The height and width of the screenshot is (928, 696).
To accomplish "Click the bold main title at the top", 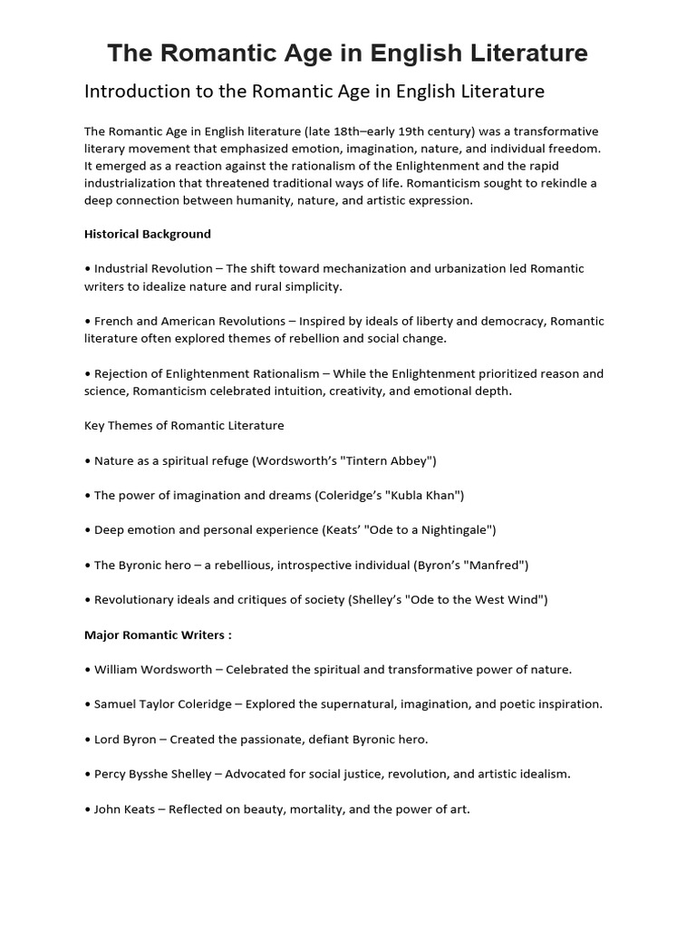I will (347, 53).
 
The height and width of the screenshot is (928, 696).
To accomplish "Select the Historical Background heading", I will (147, 234).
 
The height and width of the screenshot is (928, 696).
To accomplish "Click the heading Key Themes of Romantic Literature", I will (184, 425).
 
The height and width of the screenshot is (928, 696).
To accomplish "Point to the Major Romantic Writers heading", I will (158, 634).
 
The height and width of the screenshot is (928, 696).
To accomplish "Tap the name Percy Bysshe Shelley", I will (162, 775).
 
